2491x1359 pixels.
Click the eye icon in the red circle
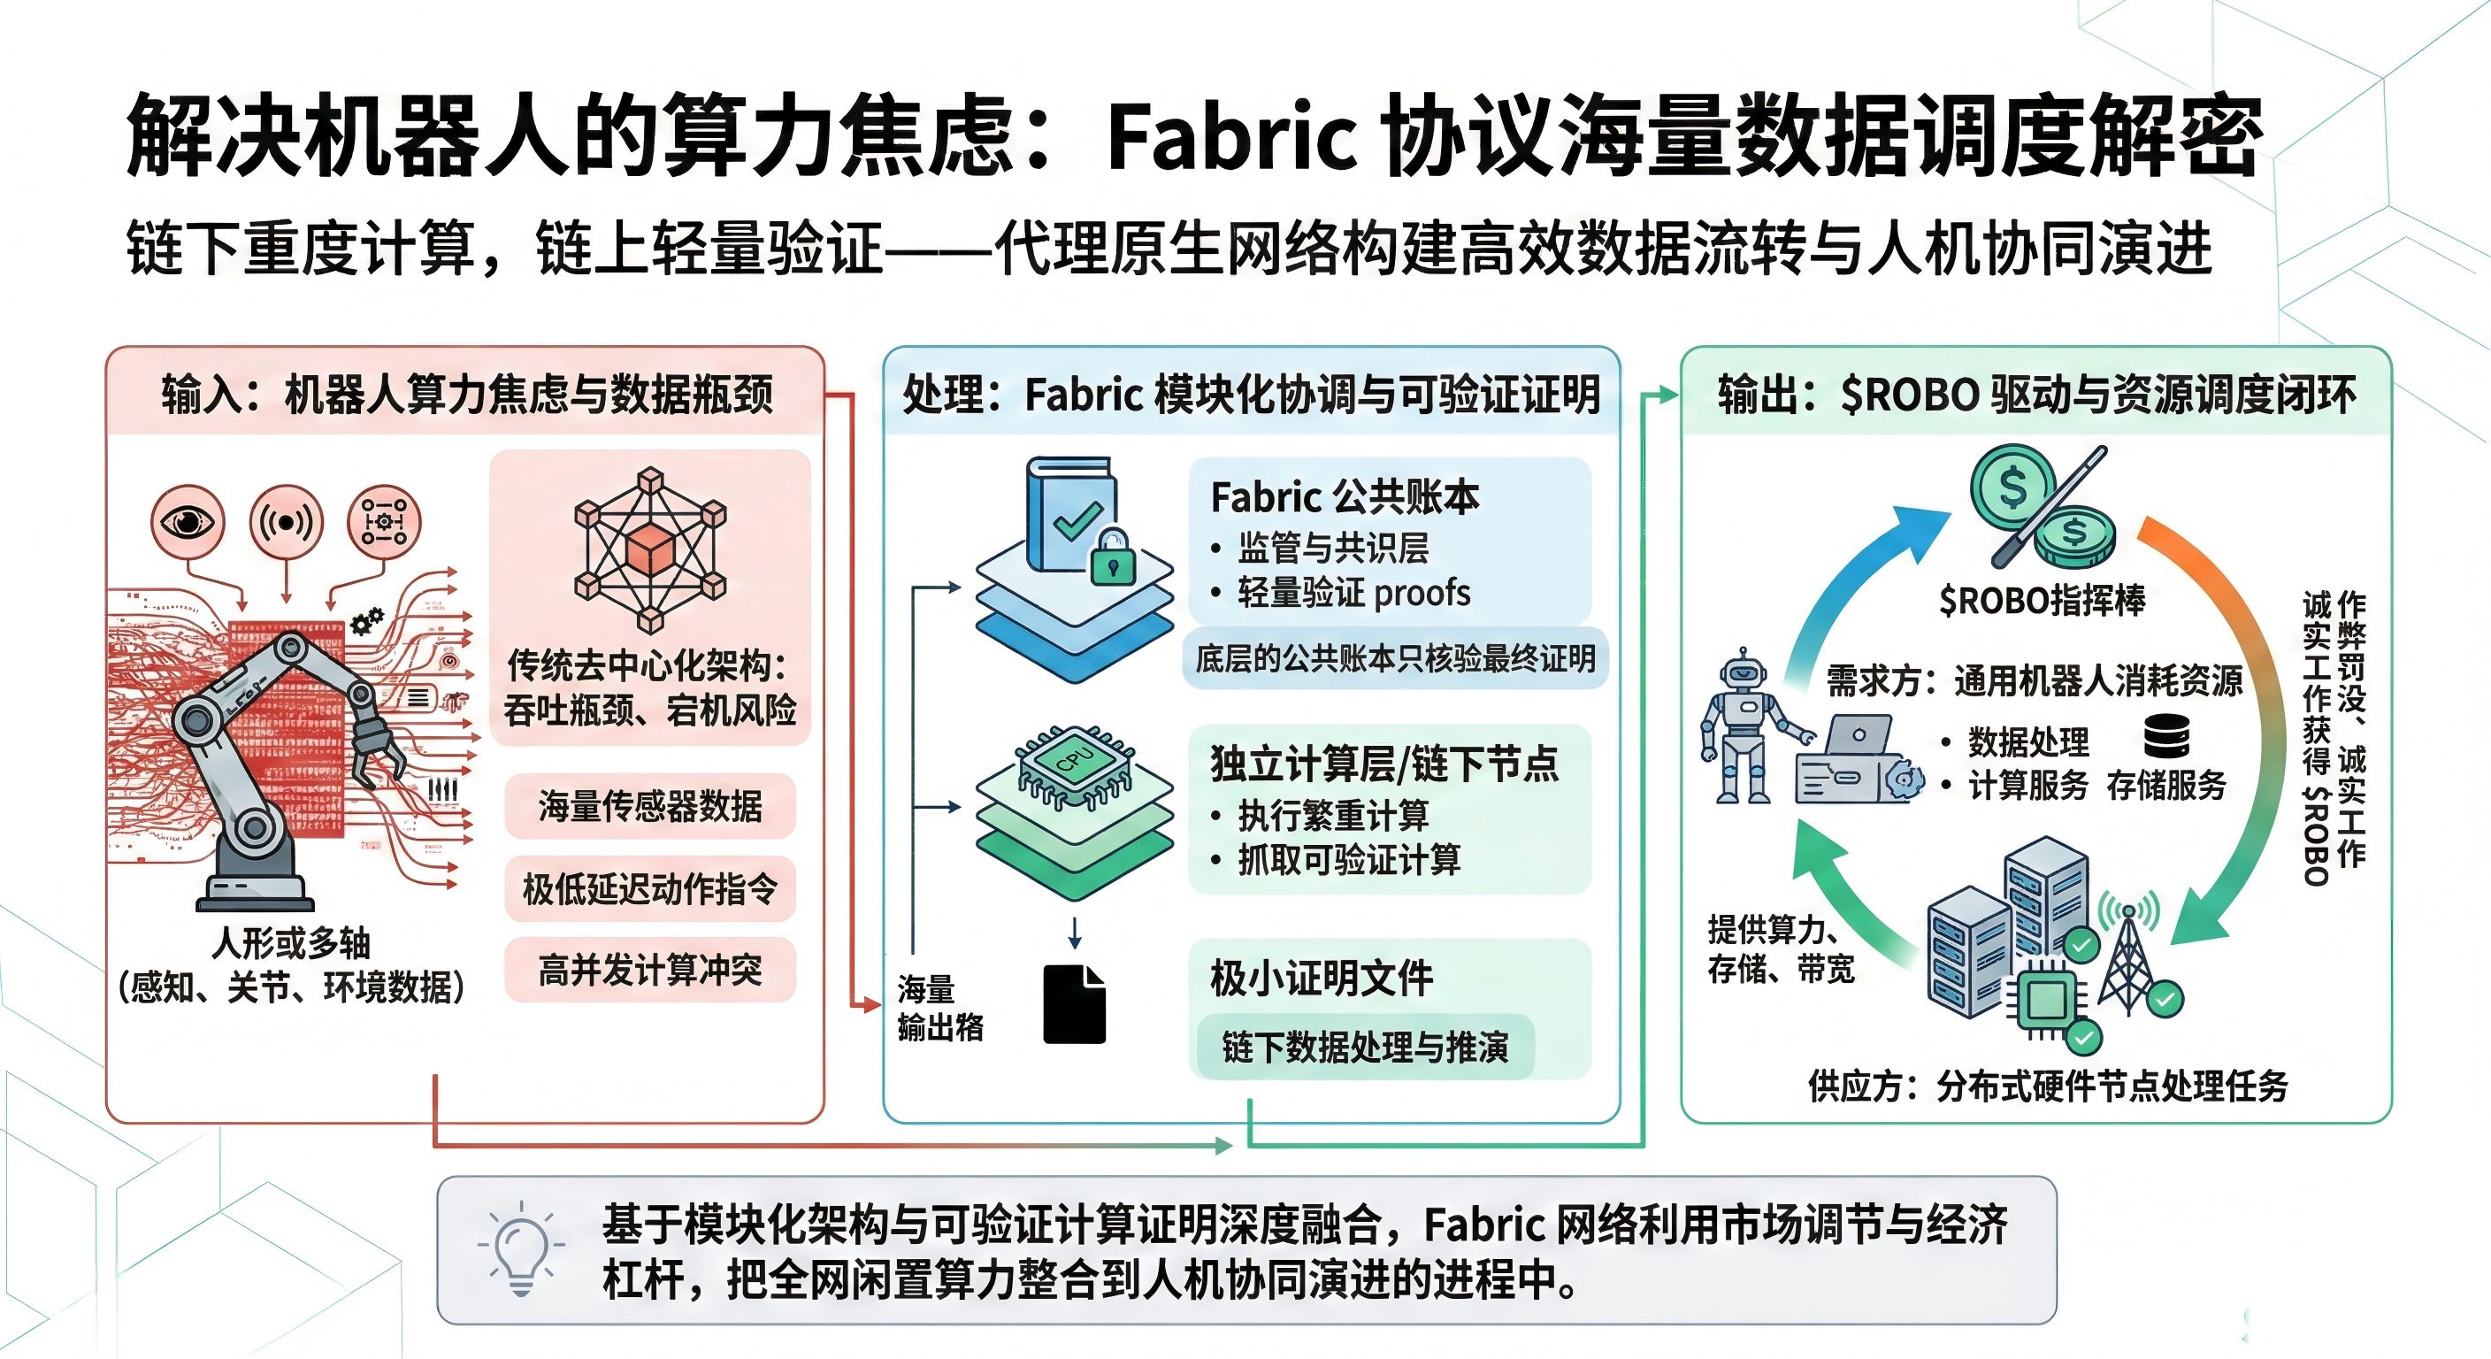point(188,522)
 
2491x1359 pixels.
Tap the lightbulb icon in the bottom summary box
point(520,1248)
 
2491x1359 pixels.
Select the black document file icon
point(1075,1004)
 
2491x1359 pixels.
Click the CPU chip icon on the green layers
point(1076,764)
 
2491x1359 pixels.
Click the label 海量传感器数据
point(650,806)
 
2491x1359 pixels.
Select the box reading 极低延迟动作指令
point(650,888)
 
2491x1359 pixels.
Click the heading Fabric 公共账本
point(1345,497)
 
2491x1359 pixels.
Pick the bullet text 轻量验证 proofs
point(1353,592)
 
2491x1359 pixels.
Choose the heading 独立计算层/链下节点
point(1383,764)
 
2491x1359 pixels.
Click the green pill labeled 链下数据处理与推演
point(1364,1047)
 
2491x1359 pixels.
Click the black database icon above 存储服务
point(2166,737)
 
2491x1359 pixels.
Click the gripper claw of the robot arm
point(373,746)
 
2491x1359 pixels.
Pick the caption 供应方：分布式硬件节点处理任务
point(2048,1086)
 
